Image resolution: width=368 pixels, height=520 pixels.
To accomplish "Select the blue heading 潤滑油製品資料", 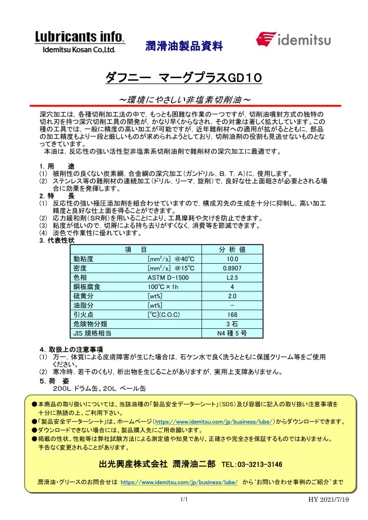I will tap(184, 46).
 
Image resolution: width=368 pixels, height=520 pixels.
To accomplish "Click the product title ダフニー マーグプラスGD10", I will tap(184, 78).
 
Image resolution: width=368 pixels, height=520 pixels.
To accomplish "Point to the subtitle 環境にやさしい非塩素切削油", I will tap(184, 100).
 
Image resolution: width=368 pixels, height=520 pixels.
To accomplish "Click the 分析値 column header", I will tap(232, 250).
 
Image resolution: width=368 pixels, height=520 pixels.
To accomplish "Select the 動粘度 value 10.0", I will tap(232, 259).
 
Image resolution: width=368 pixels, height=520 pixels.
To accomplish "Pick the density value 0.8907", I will tap(232, 268).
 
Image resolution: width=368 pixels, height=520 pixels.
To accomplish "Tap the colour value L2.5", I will tap(232, 277).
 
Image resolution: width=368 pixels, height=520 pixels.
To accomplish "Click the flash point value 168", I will tap(232, 315).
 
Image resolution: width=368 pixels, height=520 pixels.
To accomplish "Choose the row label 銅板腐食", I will tap(87, 287).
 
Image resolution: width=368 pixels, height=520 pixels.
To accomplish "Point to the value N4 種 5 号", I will tap(232, 333).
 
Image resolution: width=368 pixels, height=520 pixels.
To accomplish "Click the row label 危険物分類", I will tap(91, 324).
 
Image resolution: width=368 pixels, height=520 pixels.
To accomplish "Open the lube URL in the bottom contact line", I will tap(179, 482).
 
